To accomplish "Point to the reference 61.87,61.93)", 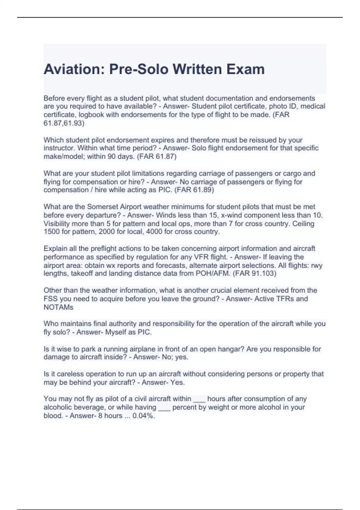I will click(64, 123).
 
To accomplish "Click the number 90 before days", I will click(112, 156).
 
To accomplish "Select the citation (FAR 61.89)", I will click(194, 190).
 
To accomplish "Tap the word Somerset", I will click(102, 207).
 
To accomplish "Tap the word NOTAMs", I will click(58, 307).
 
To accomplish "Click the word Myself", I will click(116, 332).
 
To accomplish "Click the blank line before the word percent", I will click(164, 408).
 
